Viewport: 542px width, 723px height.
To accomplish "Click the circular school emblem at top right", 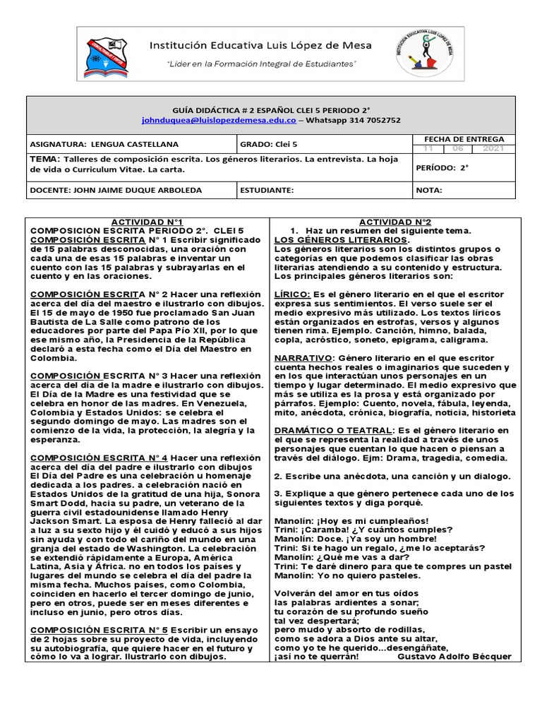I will click(426, 54).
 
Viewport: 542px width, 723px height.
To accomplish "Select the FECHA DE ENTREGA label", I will click(464, 139).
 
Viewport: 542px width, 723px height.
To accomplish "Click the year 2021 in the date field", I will click(493, 149).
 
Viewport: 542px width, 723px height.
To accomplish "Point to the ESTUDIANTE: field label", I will click(266, 190).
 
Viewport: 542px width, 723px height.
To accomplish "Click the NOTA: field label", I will click(429, 190).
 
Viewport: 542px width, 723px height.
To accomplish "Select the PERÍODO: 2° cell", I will click(443, 168).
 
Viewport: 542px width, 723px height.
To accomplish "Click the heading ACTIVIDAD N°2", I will click(395, 222).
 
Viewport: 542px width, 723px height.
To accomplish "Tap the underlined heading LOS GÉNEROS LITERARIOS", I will click(341, 240).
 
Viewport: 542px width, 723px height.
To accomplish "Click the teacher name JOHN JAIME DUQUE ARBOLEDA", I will click(114, 190).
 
